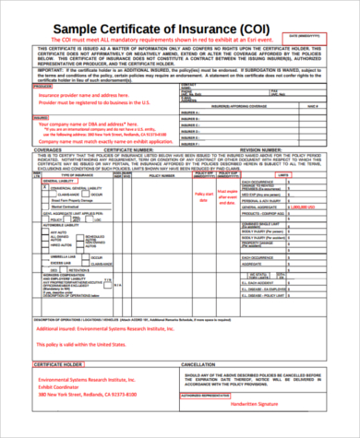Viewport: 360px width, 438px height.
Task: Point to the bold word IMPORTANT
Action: pyautogui.click(x=49, y=67)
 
